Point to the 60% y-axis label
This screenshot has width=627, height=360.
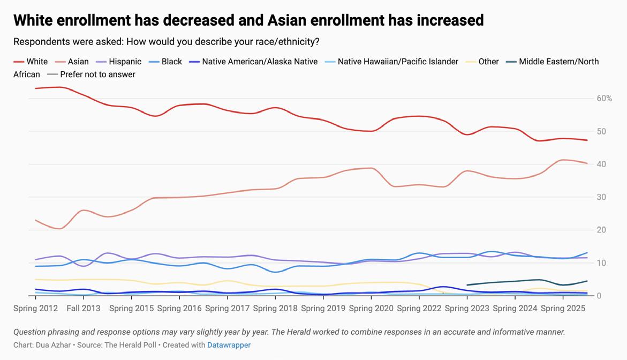click(604, 99)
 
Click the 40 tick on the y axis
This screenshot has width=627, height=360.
click(601, 164)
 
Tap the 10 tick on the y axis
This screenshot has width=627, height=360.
click(601, 263)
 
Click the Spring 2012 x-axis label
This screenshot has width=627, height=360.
click(36, 309)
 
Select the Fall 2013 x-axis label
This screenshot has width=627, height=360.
click(84, 309)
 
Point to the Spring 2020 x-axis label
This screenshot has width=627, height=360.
click(372, 309)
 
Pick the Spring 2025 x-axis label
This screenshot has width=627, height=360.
click(563, 309)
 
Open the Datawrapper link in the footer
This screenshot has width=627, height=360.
click(229, 345)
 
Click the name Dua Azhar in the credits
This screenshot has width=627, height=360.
click(54, 345)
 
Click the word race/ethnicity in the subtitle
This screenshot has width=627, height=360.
click(281, 42)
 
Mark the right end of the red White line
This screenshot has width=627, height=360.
click(587, 140)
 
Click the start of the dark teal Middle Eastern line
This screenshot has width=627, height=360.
click(467, 285)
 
